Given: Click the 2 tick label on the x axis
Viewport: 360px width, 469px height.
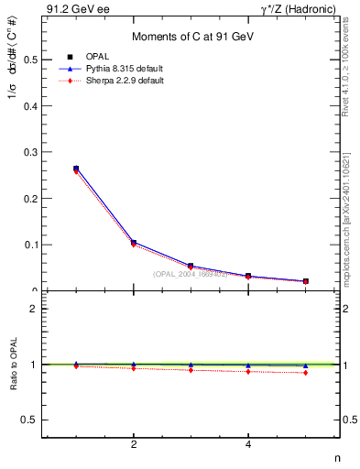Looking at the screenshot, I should pos(134,445).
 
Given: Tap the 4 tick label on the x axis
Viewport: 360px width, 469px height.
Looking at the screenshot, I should pos(248,445).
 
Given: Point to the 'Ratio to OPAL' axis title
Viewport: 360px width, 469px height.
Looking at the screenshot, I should pos(13,365).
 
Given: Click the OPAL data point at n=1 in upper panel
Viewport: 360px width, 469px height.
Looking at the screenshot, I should pos(76,169).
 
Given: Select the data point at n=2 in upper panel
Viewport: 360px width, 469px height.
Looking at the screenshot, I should pos(134,243).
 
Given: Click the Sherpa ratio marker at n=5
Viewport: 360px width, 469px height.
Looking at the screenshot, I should pos(305,373).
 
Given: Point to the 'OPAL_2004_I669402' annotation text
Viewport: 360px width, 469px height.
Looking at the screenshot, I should pos(191,274).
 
